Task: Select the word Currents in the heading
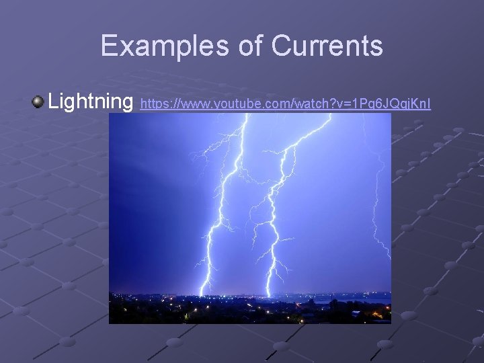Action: [x=327, y=46]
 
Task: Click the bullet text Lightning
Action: [x=91, y=102]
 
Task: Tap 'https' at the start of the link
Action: [x=152, y=105]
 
